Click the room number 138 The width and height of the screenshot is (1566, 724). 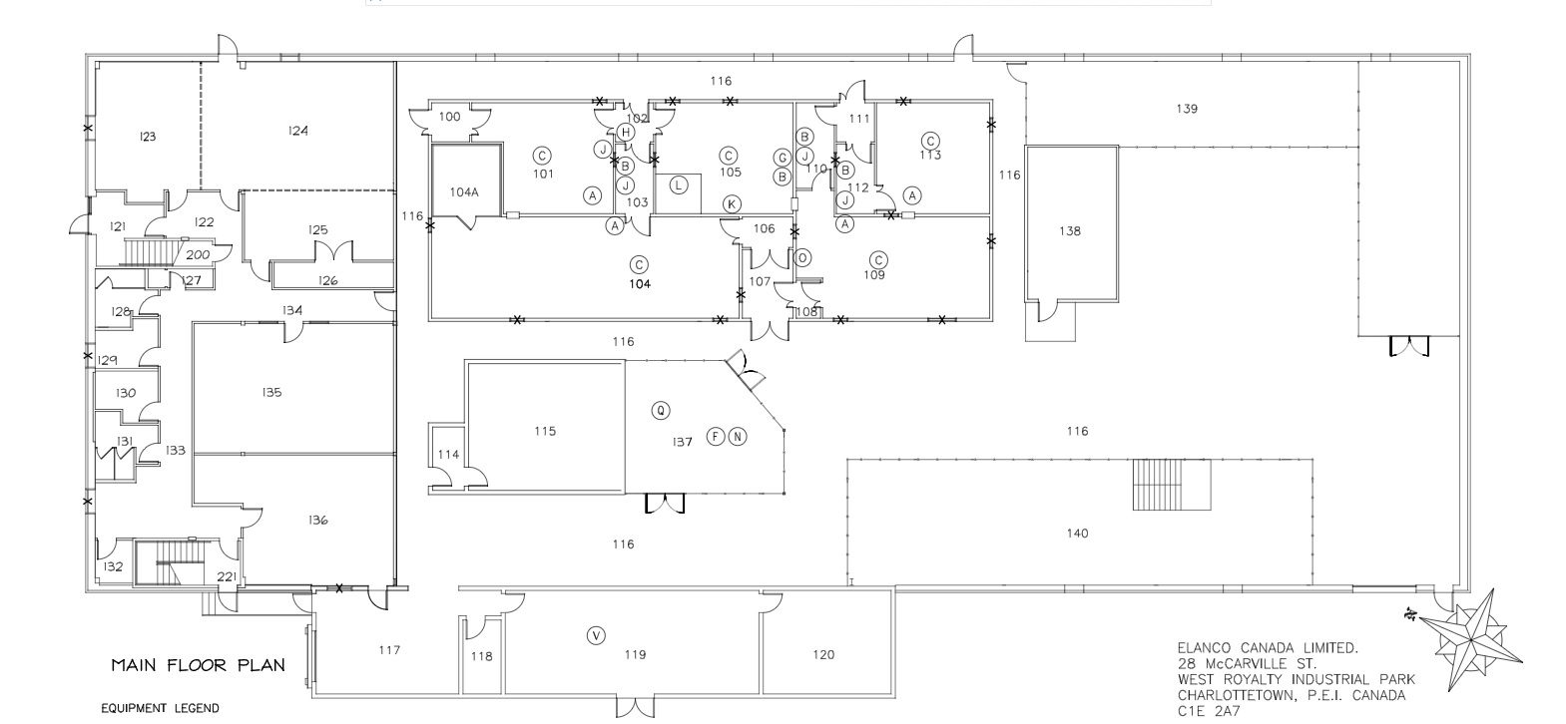(x=1070, y=231)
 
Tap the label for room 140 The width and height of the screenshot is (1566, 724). (x=1077, y=534)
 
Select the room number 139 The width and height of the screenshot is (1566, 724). (x=1187, y=109)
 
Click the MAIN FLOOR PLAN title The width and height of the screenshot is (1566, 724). (x=198, y=665)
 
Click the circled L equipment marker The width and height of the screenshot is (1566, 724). (x=679, y=184)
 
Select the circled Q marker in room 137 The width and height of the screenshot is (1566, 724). (x=660, y=410)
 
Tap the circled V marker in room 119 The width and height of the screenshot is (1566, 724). (x=596, y=635)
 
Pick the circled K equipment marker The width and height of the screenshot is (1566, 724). (x=732, y=204)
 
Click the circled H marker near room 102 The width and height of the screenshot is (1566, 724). (x=626, y=133)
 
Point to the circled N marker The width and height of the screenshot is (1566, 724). (x=738, y=436)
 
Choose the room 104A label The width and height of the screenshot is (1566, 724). (x=464, y=191)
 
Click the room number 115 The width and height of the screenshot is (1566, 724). (x=544, y=432)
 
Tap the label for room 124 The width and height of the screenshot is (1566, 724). (x=297, y=131)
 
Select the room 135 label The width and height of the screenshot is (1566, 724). (x=270, y=393)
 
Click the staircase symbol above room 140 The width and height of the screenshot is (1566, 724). (x=1172, y=485)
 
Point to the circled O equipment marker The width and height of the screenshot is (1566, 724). (x=802, y=257)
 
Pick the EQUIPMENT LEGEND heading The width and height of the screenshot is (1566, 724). (x=160, y=709)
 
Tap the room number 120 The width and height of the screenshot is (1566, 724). (x=823, y=655)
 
